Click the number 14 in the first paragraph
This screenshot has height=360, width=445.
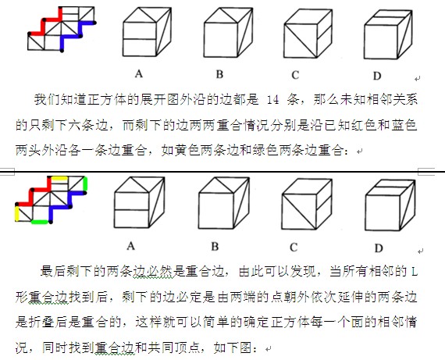(273, 100)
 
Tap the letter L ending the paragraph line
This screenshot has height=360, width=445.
(415, 273)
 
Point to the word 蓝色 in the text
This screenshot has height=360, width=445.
(404, 125)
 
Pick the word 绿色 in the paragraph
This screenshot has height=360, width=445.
(265, 150)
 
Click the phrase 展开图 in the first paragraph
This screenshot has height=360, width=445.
(161, 100)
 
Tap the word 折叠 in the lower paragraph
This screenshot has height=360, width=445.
(41, 323)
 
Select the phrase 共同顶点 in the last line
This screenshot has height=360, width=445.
(173, 348)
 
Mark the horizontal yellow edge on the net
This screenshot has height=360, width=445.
(59, 178)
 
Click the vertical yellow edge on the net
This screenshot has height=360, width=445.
(17, 212)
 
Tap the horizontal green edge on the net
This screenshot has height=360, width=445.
(40, 222)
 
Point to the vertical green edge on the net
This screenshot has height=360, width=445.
(85, 184)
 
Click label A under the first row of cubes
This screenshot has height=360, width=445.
(138, 74)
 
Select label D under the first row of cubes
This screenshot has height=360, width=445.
(376, 76)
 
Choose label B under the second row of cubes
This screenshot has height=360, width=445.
(215, 247)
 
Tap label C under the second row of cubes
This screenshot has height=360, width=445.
(294, 248)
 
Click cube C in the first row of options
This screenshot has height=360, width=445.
(308, 34)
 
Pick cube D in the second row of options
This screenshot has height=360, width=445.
(390, 205)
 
